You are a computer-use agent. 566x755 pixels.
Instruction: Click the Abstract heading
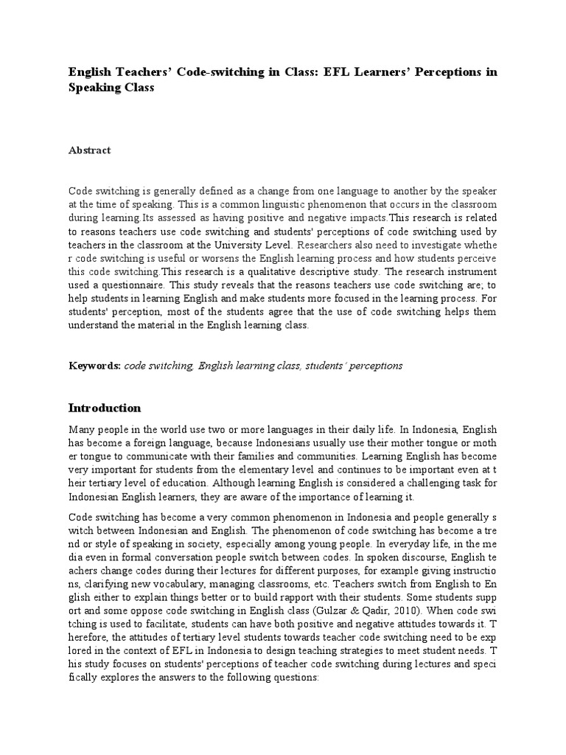[x=90, y=150]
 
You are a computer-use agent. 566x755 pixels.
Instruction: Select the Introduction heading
[x=105, y=408]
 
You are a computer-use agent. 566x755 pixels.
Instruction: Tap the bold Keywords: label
[x=94, y=366]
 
